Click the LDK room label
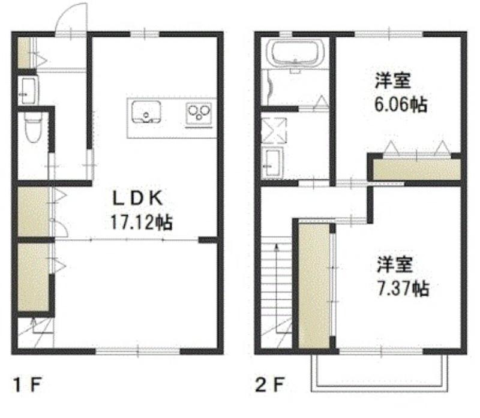click(138, 199)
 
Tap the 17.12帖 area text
click(142, 222)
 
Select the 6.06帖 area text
click(400, 105)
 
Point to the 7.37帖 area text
click(403, 288)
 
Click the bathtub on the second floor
click(295, 53)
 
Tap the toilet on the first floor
click(32, 127)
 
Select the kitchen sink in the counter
click(146, 112)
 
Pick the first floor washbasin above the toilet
click(28, 91)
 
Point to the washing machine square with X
click(274, 131)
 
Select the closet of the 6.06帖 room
click(416, 170)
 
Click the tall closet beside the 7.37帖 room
click(314, 286)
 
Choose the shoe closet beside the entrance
click(24, 53)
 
